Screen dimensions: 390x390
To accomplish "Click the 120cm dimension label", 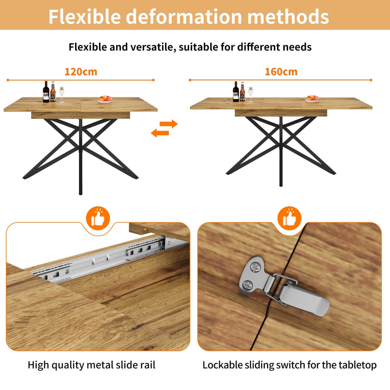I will click(81, 71).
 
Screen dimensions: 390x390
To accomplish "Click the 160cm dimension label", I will click(281, 71).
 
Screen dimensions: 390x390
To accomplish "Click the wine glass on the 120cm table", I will click(62, 94).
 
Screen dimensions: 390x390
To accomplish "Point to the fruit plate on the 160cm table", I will click(312, 98).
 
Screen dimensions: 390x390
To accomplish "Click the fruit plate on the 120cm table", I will click(105, 99).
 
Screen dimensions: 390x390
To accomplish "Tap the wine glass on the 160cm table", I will click(251, 94).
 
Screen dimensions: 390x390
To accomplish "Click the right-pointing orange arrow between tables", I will click(170, 124).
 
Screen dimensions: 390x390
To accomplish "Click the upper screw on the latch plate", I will click(255, 268).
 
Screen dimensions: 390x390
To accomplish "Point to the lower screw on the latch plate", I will click(247, 285).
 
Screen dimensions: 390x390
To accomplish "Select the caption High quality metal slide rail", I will click(91, 365).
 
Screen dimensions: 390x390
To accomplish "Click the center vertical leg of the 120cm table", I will click(81, 156).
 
